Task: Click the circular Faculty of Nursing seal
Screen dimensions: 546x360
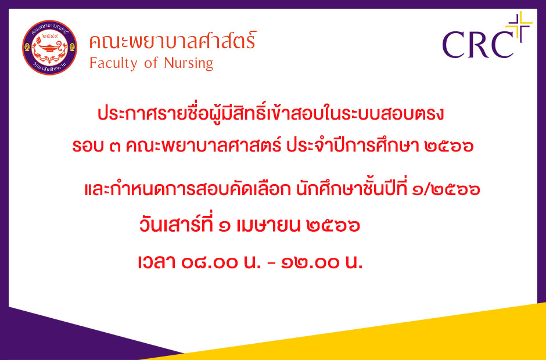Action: point(50,48)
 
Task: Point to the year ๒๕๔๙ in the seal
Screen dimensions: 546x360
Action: point(50,36)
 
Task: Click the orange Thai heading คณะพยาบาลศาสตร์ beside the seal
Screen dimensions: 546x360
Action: point(173,41)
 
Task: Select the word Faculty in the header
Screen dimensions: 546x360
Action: point(113,64)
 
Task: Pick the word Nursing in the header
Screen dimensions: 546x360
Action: point(188,63)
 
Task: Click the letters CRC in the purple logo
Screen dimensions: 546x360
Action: point(477,45)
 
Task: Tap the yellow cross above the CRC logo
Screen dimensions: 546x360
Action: point(519,25)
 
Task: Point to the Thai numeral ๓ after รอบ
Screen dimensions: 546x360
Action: point(114,146)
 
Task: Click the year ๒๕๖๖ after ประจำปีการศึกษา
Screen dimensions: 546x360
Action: point(449,146)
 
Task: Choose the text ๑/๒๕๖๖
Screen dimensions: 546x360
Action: point(446,190)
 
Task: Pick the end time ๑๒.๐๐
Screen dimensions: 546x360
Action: point(311,262)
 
